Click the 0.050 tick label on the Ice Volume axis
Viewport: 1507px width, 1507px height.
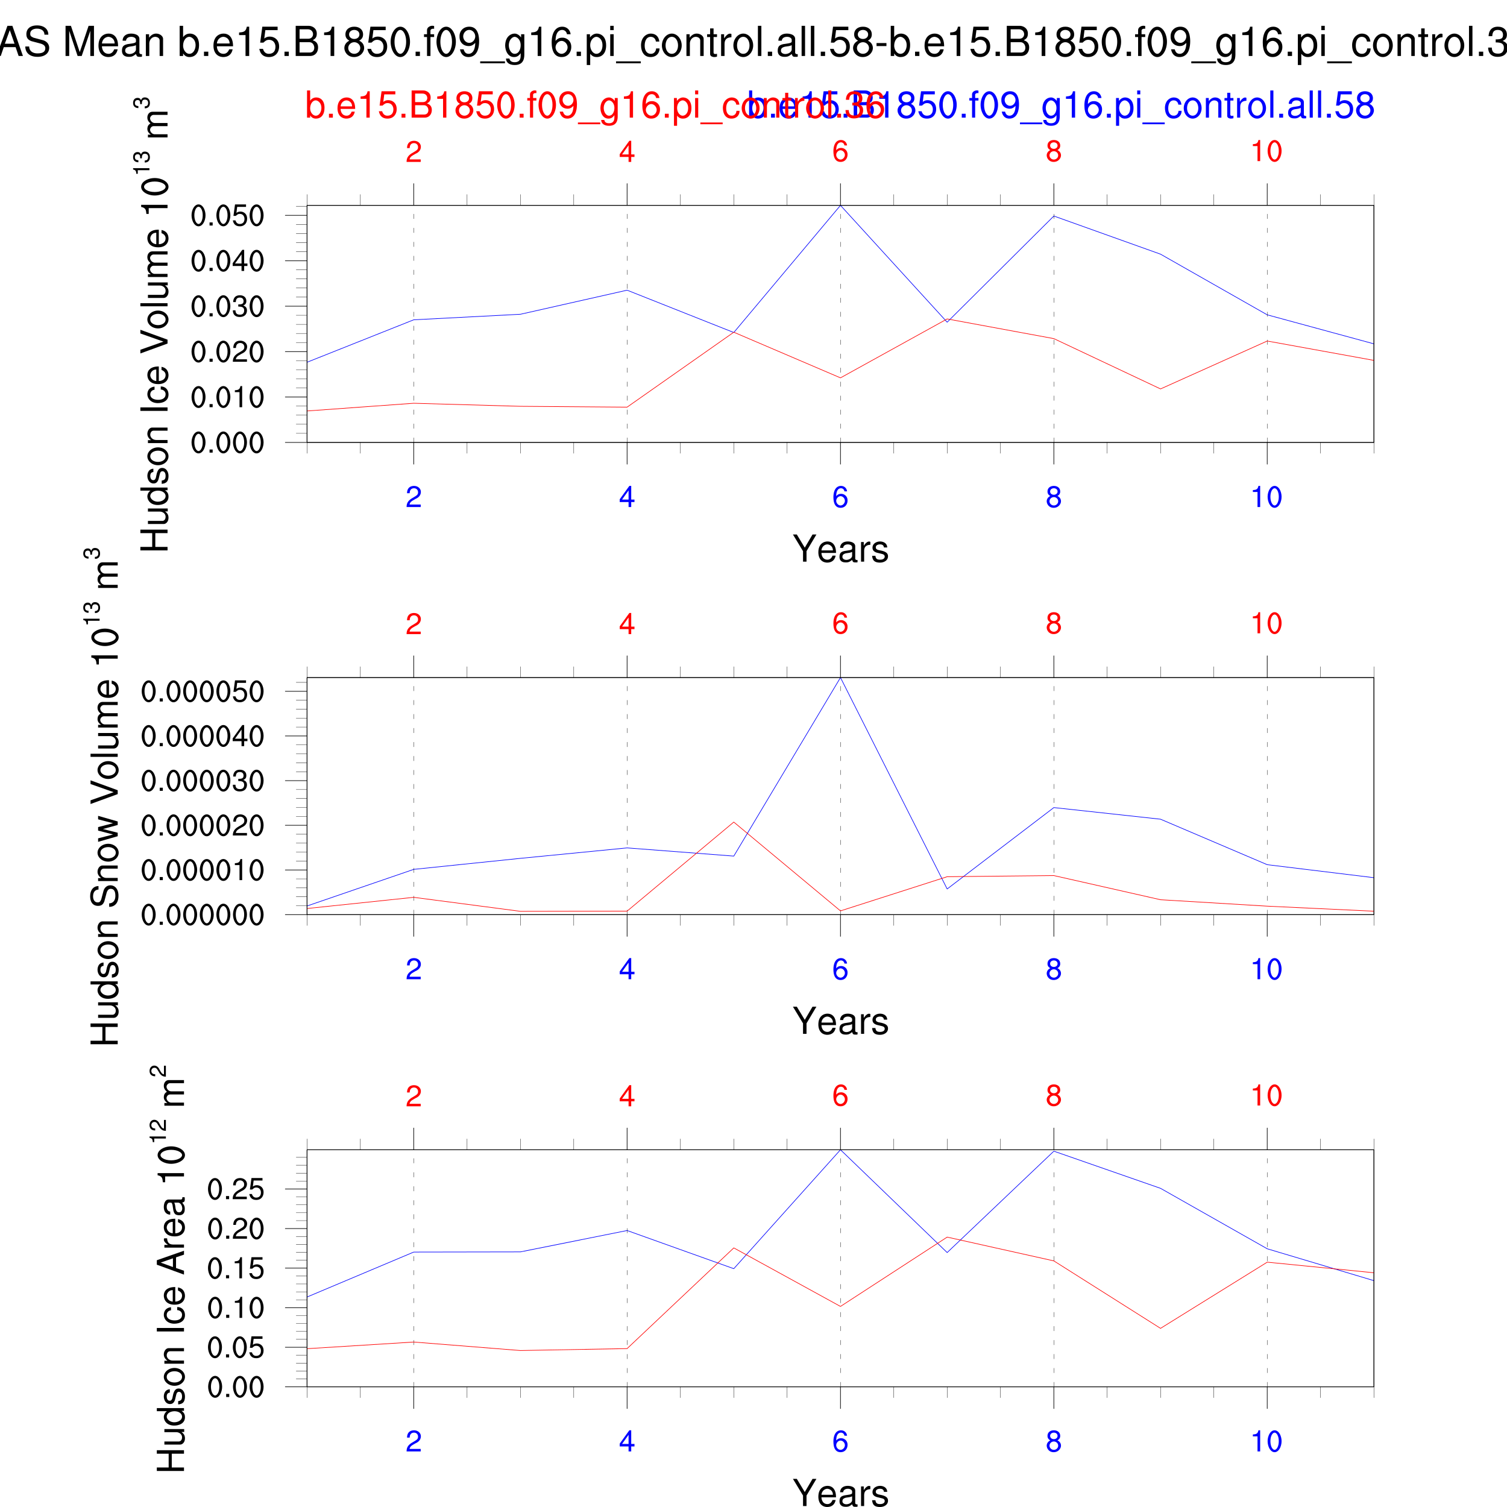[x=227, y=216]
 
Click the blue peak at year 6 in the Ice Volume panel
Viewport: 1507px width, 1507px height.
[x=840, y=206]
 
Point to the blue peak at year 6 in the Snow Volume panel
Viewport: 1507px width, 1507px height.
[x=840, y=678]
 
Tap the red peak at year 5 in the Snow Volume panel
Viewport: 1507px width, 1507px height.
[x=733, y=822]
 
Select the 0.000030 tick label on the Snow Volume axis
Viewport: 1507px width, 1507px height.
[x=202, y=781]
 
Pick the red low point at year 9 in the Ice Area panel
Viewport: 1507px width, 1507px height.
[x=1160, y=1329]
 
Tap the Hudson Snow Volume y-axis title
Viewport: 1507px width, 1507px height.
[x=105, y=796]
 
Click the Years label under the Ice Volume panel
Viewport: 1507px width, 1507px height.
[x=840, y=549]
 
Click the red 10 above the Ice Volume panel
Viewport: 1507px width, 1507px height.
[x=1266, y=151]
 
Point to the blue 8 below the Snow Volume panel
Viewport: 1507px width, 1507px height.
[x=1053, y=969]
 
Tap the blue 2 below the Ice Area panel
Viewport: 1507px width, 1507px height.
[x=414, y=1441]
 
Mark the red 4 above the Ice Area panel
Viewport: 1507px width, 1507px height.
[x=626, y=1096]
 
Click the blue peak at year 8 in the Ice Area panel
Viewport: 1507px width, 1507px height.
[x=1054, y=1151]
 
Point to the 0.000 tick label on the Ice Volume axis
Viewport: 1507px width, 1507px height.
[x=227, y=443]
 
